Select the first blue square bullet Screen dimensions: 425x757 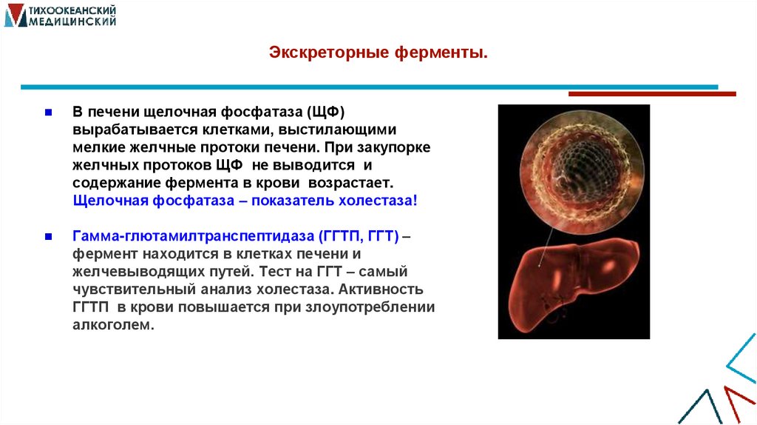[47, 113]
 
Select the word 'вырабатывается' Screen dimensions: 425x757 [125, 130]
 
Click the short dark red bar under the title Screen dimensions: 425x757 [651, 94]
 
